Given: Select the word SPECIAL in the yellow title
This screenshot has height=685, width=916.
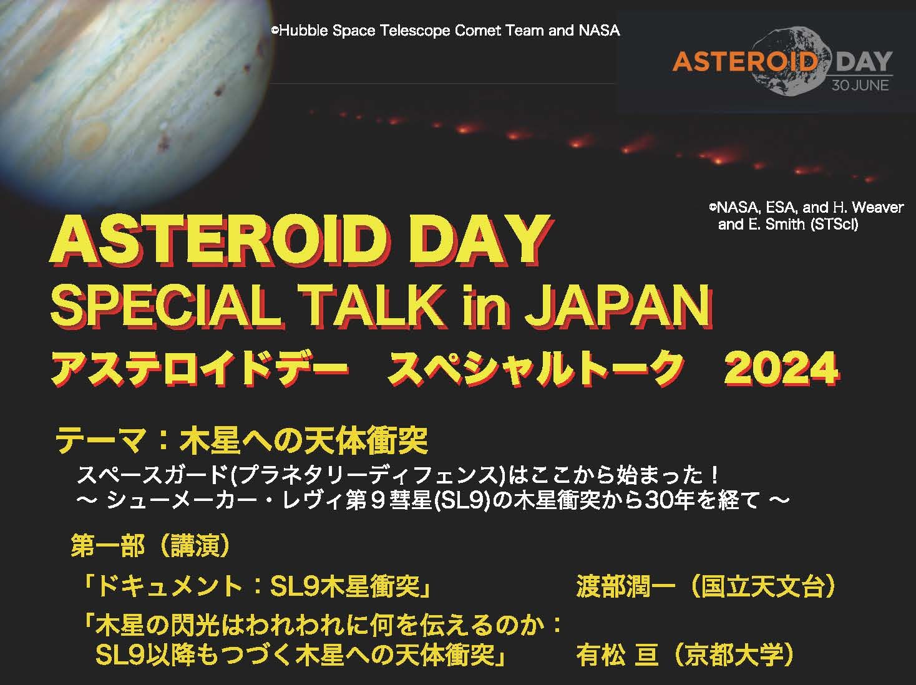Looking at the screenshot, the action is point(165,306).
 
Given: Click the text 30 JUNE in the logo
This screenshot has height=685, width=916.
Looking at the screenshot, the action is point(860,85).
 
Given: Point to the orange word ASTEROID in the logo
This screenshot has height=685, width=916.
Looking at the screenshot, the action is point(744,61).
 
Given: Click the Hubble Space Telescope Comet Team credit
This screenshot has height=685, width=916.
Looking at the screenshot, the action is point(446,31).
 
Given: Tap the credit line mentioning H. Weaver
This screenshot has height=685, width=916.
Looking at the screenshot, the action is point(806,207).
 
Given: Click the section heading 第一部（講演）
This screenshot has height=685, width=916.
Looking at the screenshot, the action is point(150,546).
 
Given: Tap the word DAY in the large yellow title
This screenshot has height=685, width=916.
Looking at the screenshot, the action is point(480,241).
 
